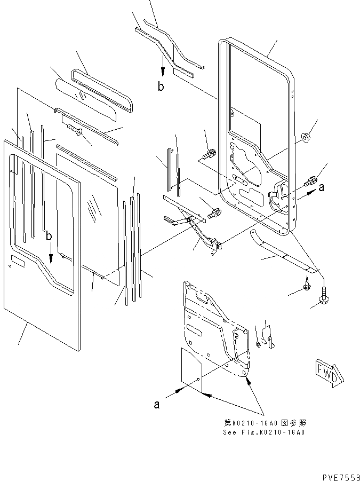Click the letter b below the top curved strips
161,87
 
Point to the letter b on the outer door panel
49,235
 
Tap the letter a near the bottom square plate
157,405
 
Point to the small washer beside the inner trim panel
259,344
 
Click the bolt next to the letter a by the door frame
309,181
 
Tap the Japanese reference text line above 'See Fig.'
265,422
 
